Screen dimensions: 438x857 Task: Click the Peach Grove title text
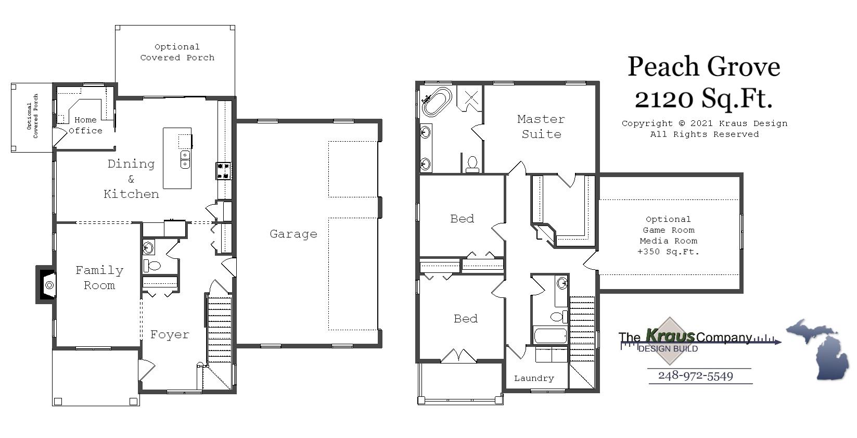703,67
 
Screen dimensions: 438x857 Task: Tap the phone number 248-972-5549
695,376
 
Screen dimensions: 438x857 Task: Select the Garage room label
293,234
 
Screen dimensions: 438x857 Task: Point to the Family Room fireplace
47,285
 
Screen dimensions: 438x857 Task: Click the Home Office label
85,126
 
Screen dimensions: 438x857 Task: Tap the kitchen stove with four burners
224,171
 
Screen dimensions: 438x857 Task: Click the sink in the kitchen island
185,159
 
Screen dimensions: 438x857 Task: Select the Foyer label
170,335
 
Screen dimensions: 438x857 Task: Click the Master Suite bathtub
437,102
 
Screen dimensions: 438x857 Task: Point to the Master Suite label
541,127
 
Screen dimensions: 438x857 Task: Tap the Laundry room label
534,379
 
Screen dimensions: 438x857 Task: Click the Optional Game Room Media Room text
668,235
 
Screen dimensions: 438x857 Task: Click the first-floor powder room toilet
152,266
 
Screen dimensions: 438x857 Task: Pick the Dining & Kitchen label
131,179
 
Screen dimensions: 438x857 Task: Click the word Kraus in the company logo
670,335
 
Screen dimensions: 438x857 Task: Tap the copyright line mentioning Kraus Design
705,123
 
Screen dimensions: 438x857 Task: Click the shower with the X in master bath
470,97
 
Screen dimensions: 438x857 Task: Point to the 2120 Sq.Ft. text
703,98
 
